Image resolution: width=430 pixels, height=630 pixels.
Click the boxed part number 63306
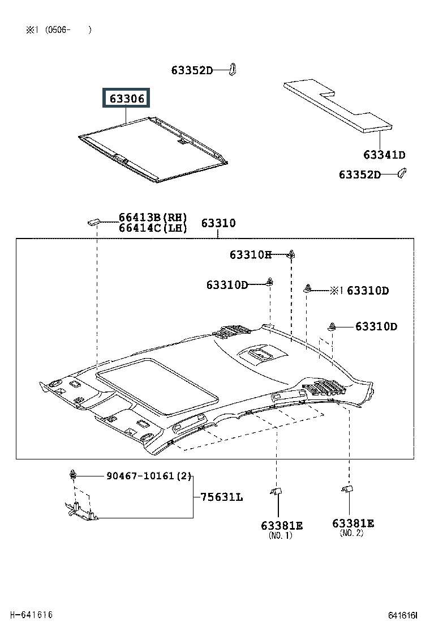126,98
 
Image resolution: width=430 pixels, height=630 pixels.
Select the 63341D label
384,155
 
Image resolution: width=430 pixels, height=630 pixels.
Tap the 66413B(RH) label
153,218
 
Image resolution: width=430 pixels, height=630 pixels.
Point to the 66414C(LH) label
153,228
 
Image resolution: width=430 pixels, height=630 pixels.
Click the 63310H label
250,254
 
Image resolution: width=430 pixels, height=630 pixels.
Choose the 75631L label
221,497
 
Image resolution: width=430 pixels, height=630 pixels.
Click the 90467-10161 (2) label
149,476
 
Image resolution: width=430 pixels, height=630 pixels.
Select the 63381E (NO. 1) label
282,530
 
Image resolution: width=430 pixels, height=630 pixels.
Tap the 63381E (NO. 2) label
353,527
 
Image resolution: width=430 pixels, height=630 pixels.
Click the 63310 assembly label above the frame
218,223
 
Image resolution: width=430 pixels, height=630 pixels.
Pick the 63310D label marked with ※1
359,291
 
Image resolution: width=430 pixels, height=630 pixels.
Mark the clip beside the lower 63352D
402,173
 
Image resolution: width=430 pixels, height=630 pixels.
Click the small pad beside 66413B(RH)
93,222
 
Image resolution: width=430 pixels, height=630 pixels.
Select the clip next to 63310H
291,254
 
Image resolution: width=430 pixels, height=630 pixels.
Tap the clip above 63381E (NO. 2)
347,489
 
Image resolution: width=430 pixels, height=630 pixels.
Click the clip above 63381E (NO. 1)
276,491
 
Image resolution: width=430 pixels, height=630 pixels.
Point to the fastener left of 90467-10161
72,474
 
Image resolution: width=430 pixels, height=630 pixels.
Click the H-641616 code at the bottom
31,615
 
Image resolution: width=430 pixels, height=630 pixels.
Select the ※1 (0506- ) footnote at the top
59,29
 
